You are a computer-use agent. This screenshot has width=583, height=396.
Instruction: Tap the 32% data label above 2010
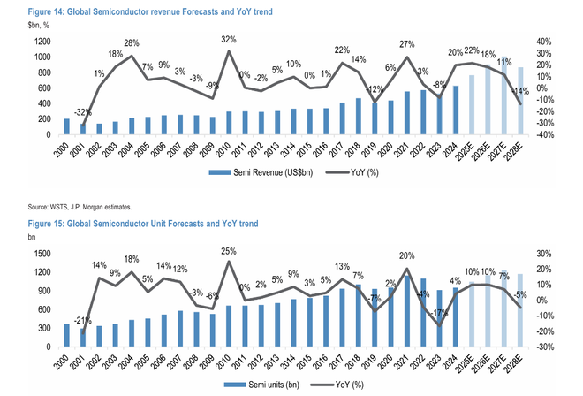pyautogui.click(x=228, y=40)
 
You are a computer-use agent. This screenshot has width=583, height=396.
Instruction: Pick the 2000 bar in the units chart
pyautogui.click(x=66, y=335)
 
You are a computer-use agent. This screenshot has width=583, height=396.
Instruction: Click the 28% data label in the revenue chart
pyautogui.click(x=132, y=44)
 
